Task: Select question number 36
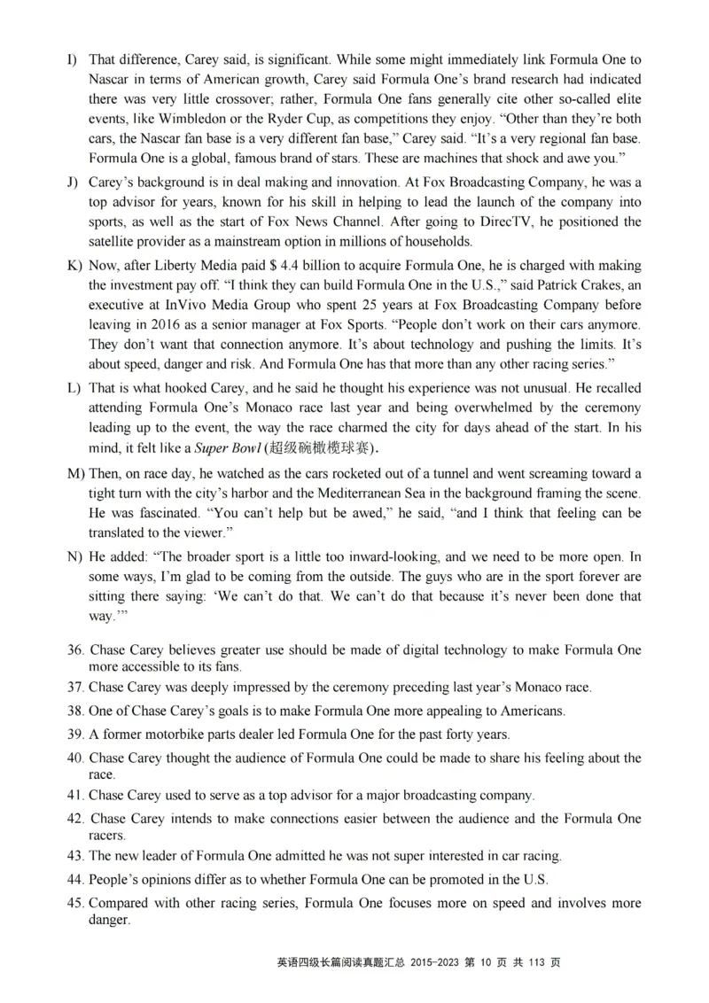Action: click(76, 650)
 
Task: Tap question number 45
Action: click(76, 903)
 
